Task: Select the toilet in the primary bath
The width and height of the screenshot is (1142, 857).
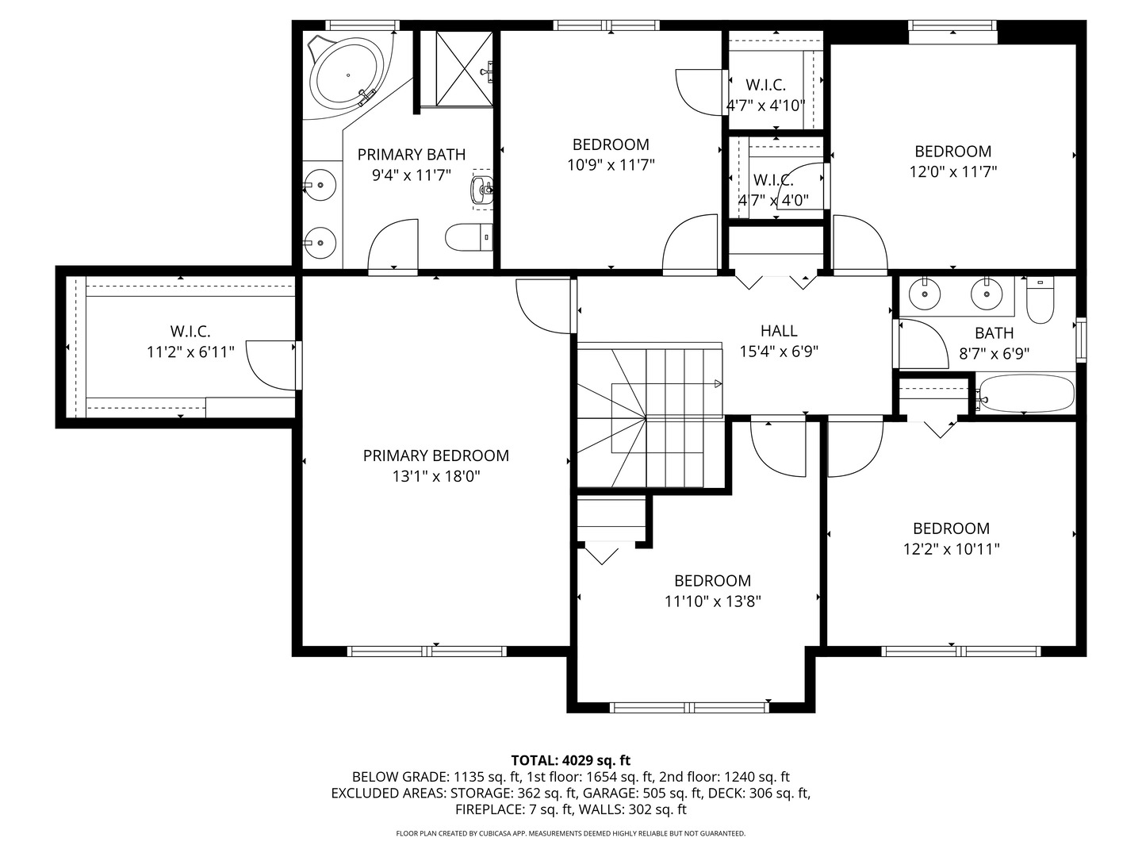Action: (x=468, y=236)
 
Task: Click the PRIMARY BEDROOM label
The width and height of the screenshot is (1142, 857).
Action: (x=435, y=455)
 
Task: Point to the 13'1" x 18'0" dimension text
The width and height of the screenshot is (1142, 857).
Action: (x=435, y=476)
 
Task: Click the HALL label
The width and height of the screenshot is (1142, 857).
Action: (x=778, y=331)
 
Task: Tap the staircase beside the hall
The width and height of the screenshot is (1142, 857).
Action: (x=649, y=416)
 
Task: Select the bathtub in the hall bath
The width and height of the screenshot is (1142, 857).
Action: (x=1025, y=394)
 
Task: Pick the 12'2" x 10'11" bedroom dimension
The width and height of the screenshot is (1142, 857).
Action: (x=951, y=549)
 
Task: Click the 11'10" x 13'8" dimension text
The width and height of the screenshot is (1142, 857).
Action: (x=712, y=601)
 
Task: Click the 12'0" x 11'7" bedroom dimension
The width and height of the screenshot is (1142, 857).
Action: (x=952, y=171)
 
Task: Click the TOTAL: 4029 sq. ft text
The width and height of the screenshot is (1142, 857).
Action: (x=570, y=760)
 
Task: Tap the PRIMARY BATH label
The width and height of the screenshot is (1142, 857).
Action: (x=411, y=155)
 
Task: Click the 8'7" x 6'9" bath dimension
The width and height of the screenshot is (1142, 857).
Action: (x=994, y=354)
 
